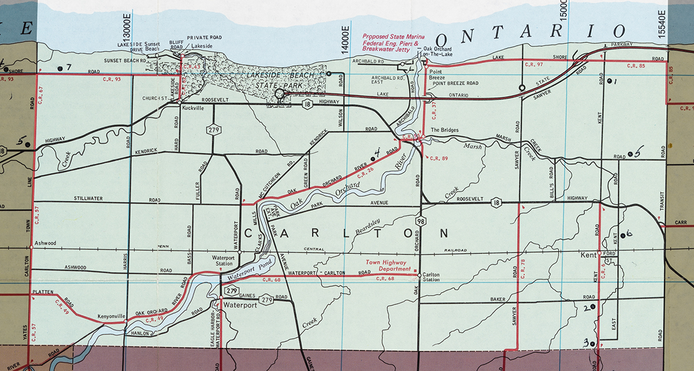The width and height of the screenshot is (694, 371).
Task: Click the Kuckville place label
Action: [x=194, y=108]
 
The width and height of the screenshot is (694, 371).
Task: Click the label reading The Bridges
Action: [x=445, y=130]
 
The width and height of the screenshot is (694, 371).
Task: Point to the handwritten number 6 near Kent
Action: [x=629, y=233]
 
